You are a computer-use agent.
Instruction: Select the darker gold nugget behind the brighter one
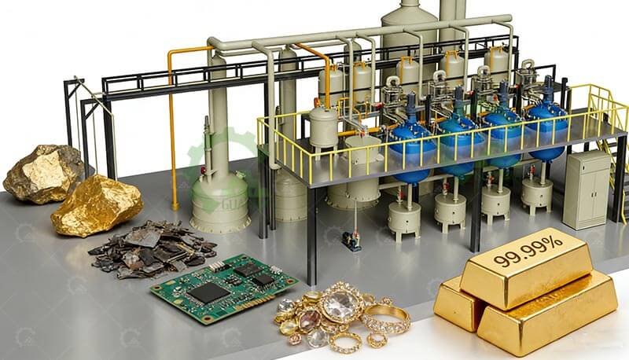pos(42,172)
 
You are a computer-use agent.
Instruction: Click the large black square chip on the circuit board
pos(208,292)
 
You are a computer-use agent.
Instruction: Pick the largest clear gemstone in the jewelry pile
pos(340,307)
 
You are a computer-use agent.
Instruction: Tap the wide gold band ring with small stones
pos(386,318)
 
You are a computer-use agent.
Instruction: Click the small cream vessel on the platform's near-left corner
pos(322,126)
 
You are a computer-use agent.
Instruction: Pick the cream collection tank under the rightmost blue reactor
pos(537,193)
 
